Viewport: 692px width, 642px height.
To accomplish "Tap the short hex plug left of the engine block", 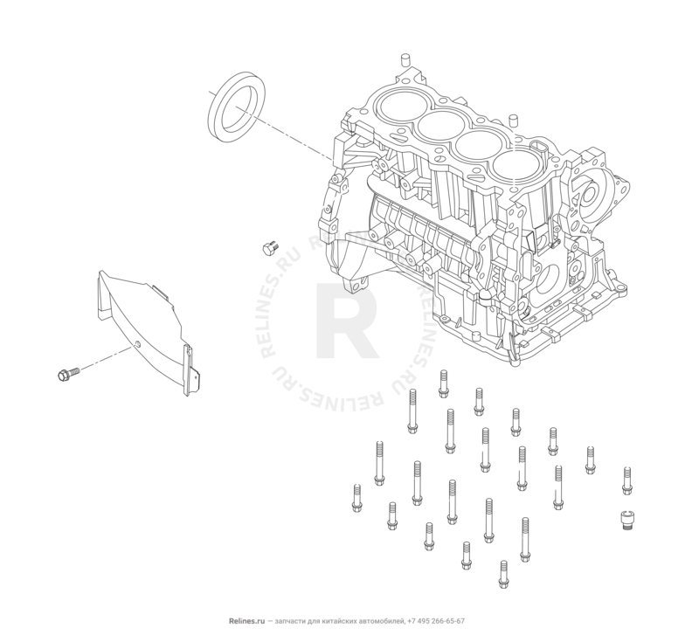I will [x=268, y=248].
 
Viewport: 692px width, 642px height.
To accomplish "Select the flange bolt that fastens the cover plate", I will [x=66, y=375].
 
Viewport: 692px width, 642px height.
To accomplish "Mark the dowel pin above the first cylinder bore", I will [x=404, y=59].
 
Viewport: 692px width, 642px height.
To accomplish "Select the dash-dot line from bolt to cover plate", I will [x=107, y=360].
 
